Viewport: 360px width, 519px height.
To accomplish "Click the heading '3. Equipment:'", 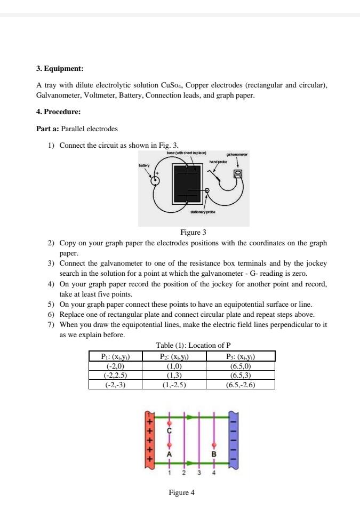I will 60,69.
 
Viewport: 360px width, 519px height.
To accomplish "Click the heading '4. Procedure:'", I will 58,112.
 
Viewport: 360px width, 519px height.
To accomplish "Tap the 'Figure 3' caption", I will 193,232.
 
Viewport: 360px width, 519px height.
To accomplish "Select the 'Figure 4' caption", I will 181,492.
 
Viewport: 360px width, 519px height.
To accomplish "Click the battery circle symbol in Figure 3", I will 155,180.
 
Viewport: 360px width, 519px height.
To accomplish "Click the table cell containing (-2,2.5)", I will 116,375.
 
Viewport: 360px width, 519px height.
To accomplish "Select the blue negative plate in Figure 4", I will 233,439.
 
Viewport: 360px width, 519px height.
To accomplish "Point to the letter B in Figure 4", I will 214,453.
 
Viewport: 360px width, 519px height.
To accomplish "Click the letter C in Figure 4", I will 170,430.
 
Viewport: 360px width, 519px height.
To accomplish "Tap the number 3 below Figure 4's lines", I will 199,473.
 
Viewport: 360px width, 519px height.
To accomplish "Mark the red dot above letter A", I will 170,444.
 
